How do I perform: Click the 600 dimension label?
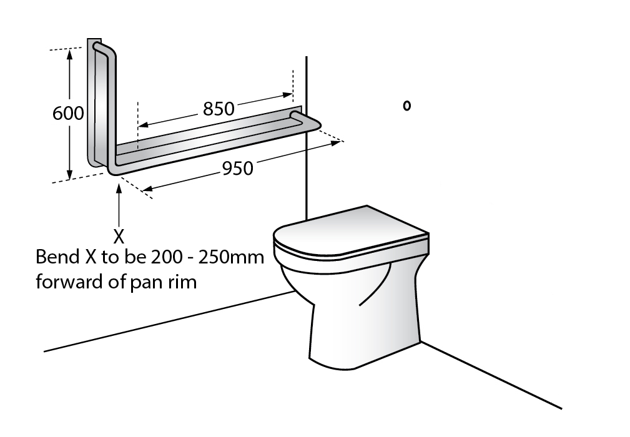(68, 113)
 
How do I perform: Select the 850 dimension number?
(219, 109)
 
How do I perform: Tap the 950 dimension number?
(238, 168)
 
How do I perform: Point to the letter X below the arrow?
(119, 237)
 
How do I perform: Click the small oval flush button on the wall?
(407, 106)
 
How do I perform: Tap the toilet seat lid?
(351, 232)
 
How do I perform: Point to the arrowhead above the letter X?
(119, 188)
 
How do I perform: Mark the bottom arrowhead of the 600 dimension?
(70, 174)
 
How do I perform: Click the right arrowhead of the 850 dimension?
(288, 95)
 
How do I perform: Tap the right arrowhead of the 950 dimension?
(335, 142)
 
